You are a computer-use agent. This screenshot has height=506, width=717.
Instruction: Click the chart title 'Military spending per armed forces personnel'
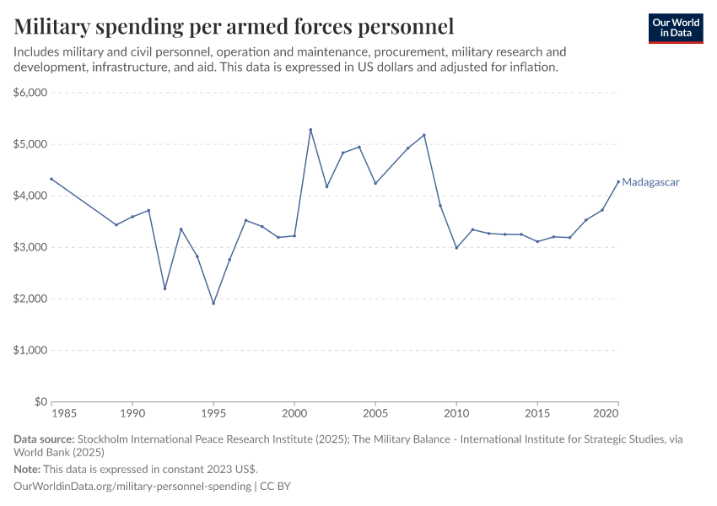tap(235, 27)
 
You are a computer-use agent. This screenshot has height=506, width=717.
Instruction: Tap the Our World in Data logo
tap(676, 28)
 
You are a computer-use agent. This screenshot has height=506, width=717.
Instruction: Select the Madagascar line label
tap(650, 182)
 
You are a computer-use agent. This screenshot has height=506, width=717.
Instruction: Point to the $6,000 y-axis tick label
tap(30, 93)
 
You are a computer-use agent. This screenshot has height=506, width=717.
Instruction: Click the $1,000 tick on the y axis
tap(30, 350)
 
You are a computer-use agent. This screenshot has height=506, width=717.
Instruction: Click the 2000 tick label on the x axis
tap(294, 414)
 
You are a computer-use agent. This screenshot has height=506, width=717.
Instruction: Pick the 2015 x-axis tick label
tap(537, 414)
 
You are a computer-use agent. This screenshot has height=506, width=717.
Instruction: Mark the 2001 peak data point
tap(310, 130)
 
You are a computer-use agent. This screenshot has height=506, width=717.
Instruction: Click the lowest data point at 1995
tap(213, 304)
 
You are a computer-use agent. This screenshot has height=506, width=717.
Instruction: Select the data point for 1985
tap(51, 179)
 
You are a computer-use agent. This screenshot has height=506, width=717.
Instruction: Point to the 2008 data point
tap(423, 135)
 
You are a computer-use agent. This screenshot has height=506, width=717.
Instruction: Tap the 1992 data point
tap(164, 288)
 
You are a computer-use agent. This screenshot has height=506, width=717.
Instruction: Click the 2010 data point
tap(456, 248)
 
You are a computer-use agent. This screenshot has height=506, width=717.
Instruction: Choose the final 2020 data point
tap(618, 181)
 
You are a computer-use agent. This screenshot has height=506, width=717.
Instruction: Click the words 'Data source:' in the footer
tap(44, 439)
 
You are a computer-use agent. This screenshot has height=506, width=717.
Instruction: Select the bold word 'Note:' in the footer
tap(27, 469)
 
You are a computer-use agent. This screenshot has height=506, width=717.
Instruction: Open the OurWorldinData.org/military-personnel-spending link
tap(133, 487)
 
